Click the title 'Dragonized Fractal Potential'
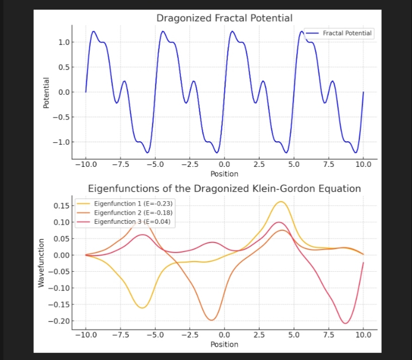tap(224, 18)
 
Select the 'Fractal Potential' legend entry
tap(347, 33)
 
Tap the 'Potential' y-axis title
tap(46, 93)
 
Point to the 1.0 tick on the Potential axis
tap(63, 42)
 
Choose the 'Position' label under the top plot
tap(224, 174)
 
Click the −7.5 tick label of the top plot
tap(121, 164)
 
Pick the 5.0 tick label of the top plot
tap(293, 164)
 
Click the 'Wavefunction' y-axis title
tap(42, 263)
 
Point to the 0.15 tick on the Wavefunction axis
tap(61, 205)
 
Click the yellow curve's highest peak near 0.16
tap(281, 202)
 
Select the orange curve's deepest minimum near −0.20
tap(212, 320)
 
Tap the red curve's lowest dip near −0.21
tap(346, 323)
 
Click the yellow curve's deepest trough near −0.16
tap(143, 308)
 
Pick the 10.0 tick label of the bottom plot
tap(363, 335)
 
